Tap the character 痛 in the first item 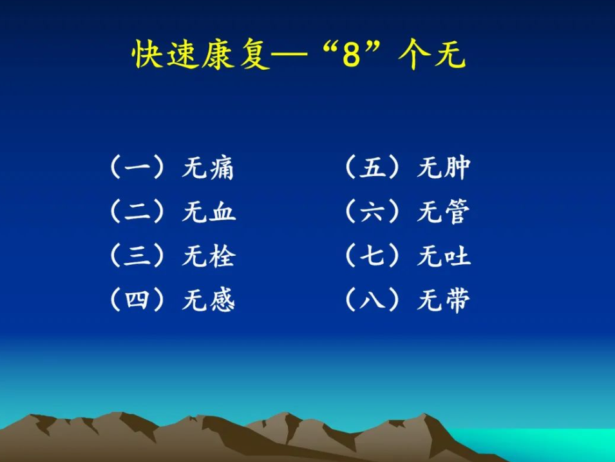click(x=221, y=168)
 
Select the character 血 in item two click(x=222, y=212)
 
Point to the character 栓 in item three click(x=222, y=256)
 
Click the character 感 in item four click(x=222, y=300)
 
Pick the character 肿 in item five click(x=457, y=168)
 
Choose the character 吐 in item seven click(x=457, y=256)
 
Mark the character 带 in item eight click(x=457, y=301)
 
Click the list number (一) click(x=137, y=168)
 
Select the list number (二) click(x=137, y=212)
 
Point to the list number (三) click(x=137, y=256)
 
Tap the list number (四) click(x=137, y=300)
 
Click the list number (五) click(x=372, y=168)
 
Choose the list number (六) click(x=372, y=212)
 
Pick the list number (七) click(x=372, y=256)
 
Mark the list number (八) click(x=372, y=300)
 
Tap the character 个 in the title click(x=413, y=54)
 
